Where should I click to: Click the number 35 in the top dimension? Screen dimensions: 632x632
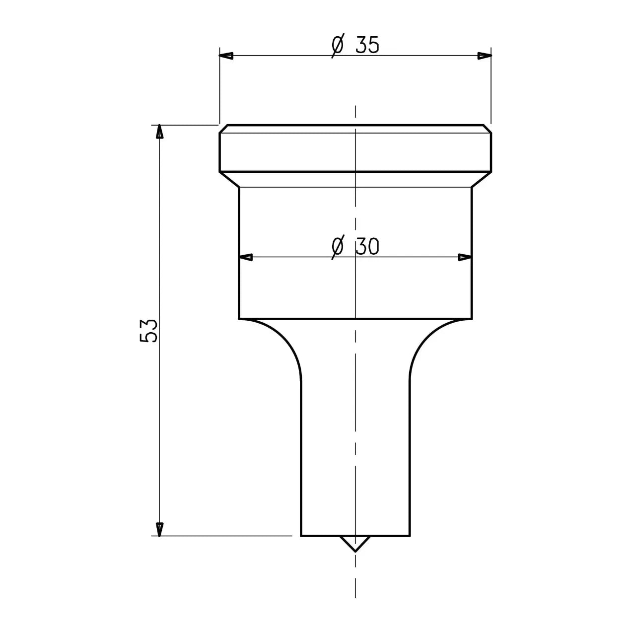(367, 45)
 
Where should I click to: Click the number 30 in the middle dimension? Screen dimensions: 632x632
(367, 246)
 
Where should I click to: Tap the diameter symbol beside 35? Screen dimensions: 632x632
(338, 45)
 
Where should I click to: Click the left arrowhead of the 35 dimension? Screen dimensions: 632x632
(226, 56)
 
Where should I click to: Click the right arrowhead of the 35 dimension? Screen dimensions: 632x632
(485, 56)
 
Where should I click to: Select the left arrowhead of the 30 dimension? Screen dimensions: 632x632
(246, 258)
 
